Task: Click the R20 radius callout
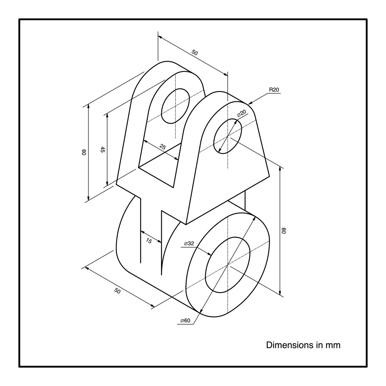(274, 90)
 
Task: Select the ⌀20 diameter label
(242, 113)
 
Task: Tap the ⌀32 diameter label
(189, 244)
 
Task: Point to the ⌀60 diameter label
(185, 320)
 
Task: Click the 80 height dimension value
(284, 231)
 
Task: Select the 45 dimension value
(103, 150)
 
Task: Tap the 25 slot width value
(163, 147)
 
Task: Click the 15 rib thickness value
(149, 241)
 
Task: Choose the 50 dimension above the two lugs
(194, 52)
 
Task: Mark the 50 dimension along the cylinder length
(117, 291)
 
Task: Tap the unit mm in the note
(333, 345)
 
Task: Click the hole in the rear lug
(175, 106)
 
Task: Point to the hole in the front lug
(227, 136)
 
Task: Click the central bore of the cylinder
(227, 265)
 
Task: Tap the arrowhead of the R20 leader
(250, 103)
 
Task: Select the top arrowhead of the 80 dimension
(280, 169)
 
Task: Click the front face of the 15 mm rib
(151, 225)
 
